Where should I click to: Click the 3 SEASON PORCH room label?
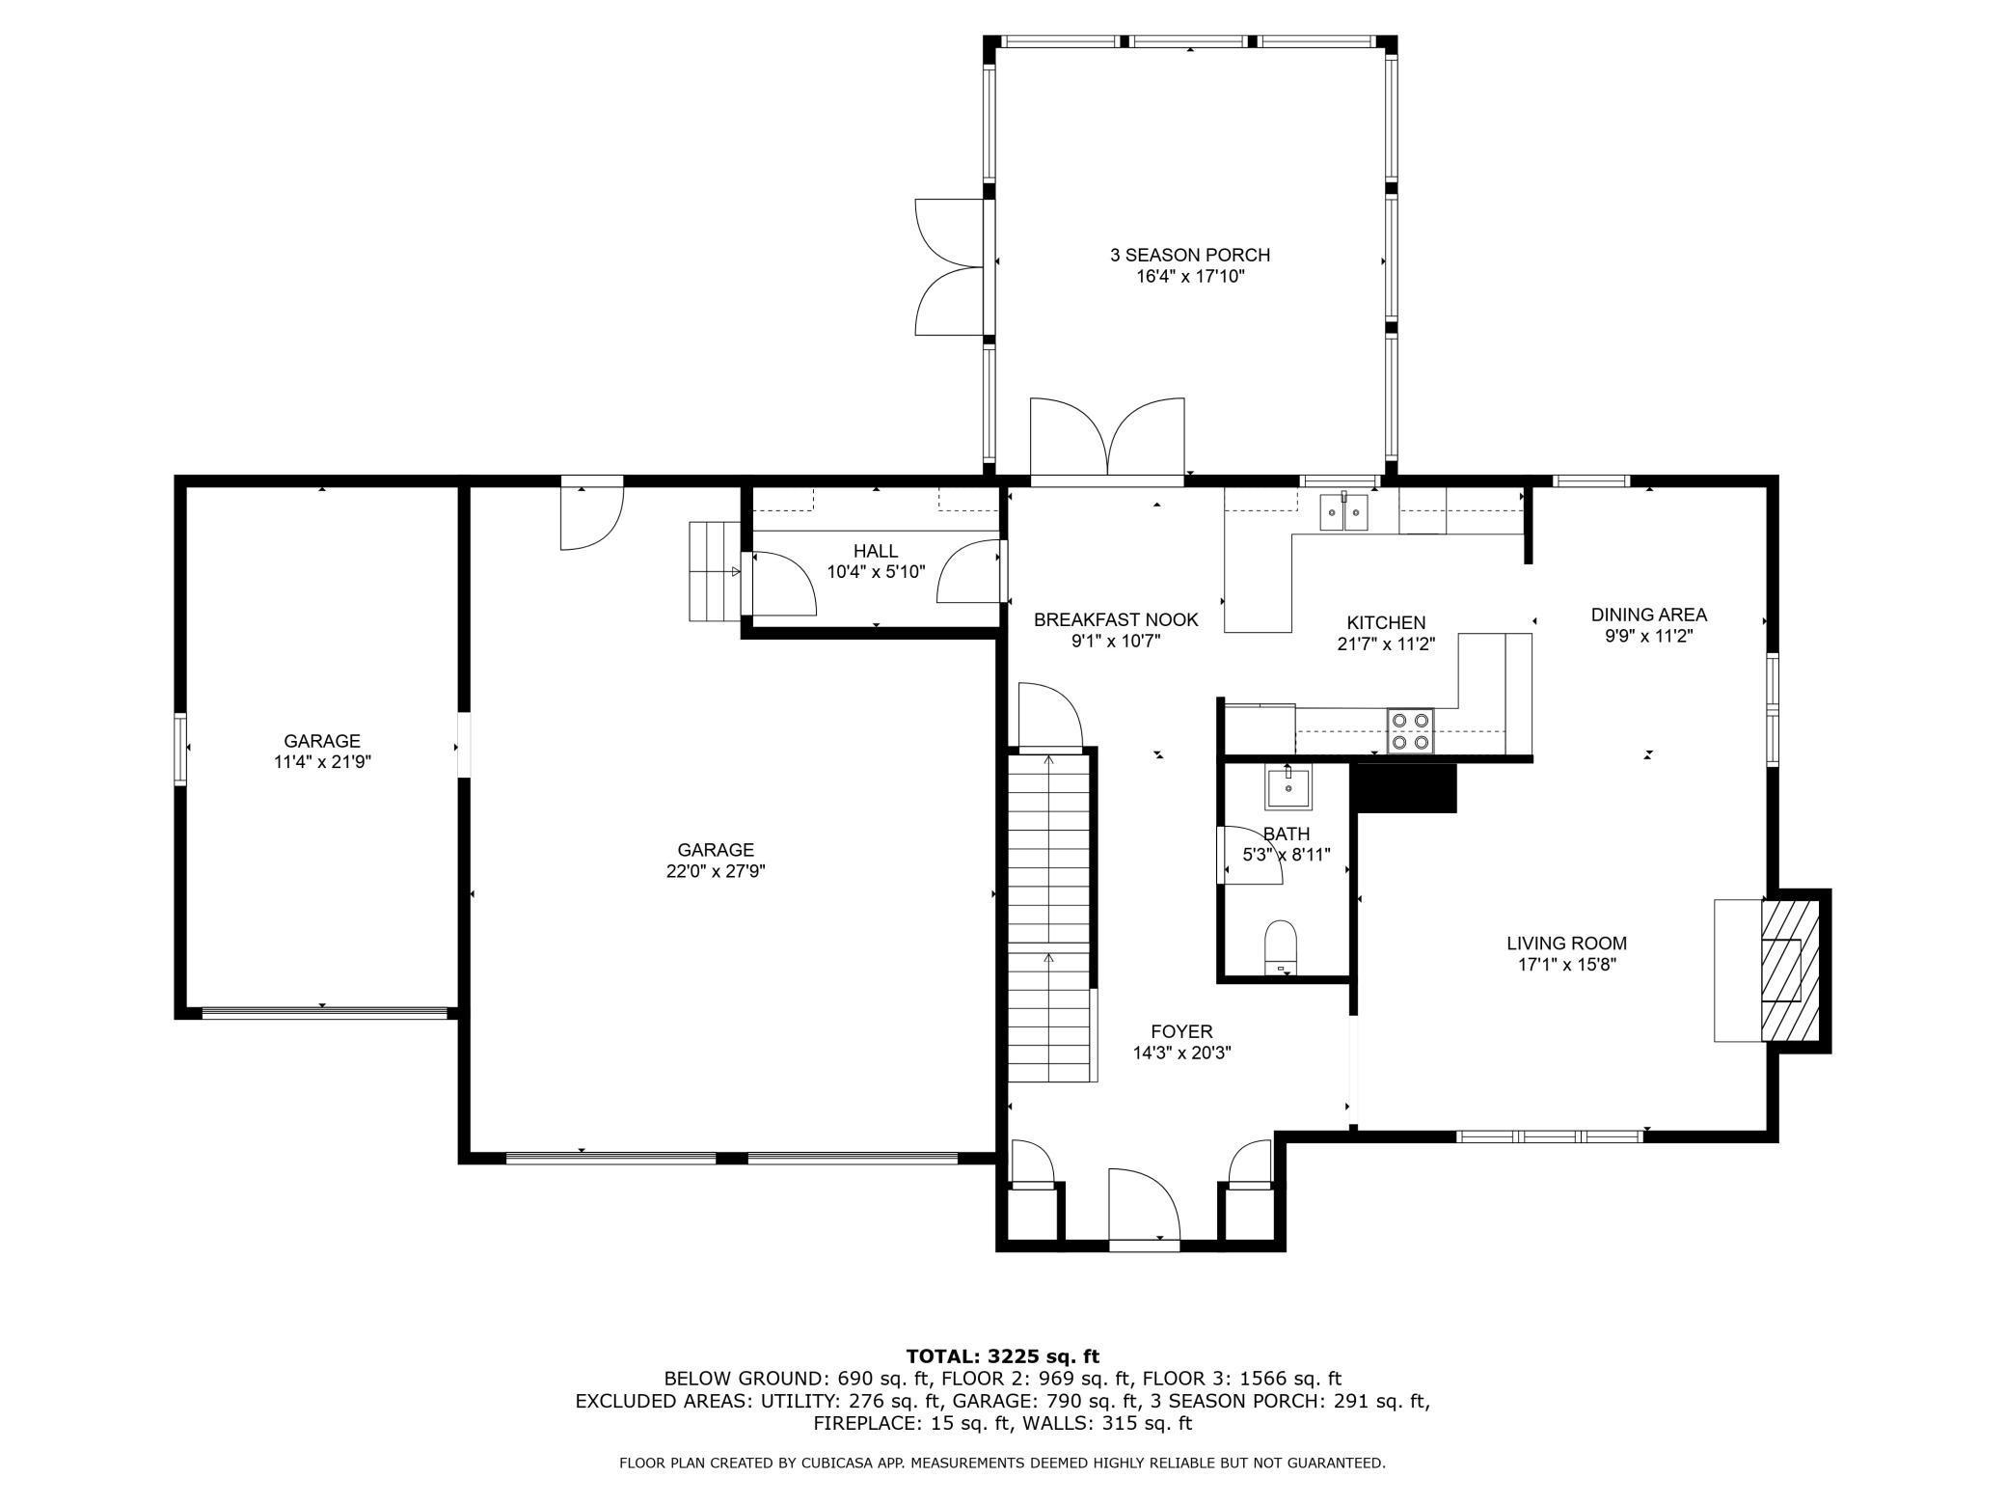tap(1190, 255)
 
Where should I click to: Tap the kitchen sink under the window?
tap(1344, 511)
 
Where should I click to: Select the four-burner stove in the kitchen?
tap(1410, 730)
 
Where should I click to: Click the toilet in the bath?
tap(1281, 947)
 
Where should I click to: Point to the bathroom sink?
tap(1288, 788)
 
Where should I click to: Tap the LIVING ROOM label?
tap(1566, 944)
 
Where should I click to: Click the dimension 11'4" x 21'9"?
tap(322, 762)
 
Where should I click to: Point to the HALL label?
tap(876, 551)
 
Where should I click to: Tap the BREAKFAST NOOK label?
tap(1116, 619)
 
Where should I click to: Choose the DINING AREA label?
tap(1649, 615)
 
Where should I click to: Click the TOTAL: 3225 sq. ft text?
tap(1003, 1356)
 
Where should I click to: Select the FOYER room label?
tap(1181, 1031)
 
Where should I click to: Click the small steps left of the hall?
tap(714, 571)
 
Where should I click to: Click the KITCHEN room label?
tap(1386, 623)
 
